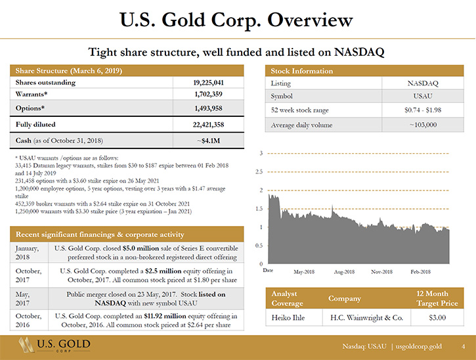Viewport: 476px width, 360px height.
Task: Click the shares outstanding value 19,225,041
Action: pos(208,83)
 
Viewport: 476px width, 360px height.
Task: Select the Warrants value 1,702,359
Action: pos(208,94)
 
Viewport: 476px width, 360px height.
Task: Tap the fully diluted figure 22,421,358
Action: pos(208,125)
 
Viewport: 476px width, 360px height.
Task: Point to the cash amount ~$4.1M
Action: pos(208,141)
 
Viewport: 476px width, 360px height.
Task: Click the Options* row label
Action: pos(30,108)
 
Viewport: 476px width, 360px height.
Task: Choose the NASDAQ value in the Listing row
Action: pos(423,83)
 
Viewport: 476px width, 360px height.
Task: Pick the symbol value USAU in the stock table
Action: pos(423,96)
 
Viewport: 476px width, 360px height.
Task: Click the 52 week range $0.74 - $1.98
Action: pos(423,110)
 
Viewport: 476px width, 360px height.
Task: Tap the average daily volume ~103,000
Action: pos(423,125)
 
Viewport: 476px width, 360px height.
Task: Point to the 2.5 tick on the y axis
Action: pos(259,172)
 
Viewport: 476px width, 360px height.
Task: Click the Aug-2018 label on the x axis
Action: pos(344,272)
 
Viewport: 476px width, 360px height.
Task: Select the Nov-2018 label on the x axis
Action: pos(381,272)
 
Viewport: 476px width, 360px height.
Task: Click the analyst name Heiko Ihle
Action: pos(288,318)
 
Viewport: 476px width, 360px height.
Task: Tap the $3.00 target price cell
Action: pos(437,318)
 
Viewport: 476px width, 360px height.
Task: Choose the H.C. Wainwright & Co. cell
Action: pos(367,318)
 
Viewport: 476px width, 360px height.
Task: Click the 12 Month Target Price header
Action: pos(437,298)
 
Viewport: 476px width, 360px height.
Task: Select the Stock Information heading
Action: pos(302,71)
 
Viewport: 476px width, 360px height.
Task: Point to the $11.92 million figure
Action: pos(165,316)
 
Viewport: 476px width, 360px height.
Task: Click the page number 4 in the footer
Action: pos(464,346)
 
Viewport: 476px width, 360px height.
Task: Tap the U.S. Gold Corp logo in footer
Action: pos(54,345)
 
